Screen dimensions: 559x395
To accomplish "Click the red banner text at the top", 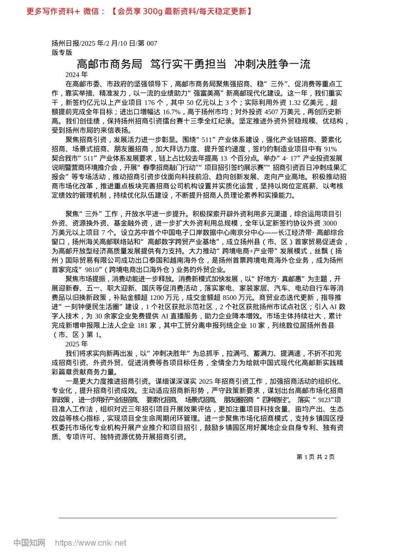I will click(x=139, y=11).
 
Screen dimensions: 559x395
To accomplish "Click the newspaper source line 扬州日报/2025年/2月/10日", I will click(x=104, y=43).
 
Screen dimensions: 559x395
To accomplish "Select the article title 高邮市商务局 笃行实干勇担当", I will click(x=193, y=64).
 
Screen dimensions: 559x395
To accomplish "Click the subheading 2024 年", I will click(x=77, y=74).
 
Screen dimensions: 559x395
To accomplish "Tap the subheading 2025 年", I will click(x=77, y=344).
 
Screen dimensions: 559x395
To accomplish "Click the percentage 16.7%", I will click(x=171, y=112).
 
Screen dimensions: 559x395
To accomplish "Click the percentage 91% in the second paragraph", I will click(x=330, y=149).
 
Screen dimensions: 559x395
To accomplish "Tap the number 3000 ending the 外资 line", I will click(x=329, y=223).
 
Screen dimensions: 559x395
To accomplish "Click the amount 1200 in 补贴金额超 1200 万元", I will click(x=157, y=298).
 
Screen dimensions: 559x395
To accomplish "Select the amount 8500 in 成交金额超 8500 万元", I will click(x=235, y=298).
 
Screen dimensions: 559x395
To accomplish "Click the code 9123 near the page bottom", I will click(x=324, y=400).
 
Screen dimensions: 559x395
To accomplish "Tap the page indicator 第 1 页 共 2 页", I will click(x=315, y=457).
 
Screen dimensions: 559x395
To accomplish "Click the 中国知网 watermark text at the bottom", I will click(x=29, y=543).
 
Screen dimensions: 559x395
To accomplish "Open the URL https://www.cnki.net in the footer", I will click(x=91, y=543).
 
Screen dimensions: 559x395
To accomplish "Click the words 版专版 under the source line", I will click(x=62, y=52).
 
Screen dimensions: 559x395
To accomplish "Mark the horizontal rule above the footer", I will click(x=197, y=518).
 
